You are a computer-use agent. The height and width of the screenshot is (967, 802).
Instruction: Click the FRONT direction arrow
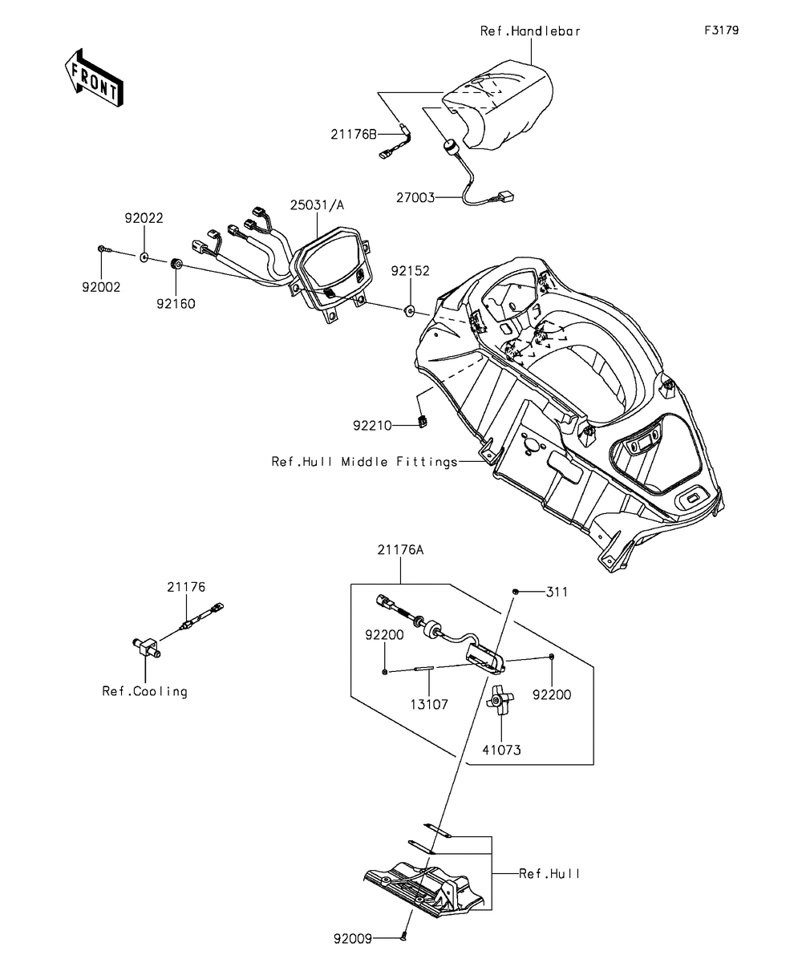tap(94, 79)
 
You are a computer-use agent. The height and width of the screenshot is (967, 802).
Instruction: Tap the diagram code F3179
tap(721, 30)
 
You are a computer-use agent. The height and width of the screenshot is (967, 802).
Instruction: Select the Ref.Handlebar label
tap(530, 31)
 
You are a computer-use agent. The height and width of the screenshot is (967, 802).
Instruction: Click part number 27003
tap(415, 198)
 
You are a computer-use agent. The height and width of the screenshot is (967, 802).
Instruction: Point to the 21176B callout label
tap(354, 135)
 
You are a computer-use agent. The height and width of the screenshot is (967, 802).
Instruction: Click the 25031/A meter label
tap(317, 205)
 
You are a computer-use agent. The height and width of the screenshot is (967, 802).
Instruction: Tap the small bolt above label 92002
tap(105, 249)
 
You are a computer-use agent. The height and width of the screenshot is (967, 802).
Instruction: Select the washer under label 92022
tap(144, 257)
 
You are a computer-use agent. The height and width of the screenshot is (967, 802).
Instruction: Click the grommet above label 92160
tap(176, 265)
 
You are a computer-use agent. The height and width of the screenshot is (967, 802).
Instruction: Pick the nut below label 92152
tap(410, 310)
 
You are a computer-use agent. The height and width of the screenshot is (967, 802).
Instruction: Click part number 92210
tap(372, 425)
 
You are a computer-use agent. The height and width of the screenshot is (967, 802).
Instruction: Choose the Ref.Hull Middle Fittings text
tap(364, 462)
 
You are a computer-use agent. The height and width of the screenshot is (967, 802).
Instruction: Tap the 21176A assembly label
tap(400, 550)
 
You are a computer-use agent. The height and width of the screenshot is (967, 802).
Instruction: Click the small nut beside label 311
tap(515, 592)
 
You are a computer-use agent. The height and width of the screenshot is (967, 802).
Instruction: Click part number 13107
tap(429, 705)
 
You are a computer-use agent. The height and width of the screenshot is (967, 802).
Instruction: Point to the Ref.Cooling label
tap(144, 691)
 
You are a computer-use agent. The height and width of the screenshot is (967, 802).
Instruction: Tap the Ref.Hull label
tap(549, 874)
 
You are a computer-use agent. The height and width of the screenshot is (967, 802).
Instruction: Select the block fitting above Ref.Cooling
tap(147, 647)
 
